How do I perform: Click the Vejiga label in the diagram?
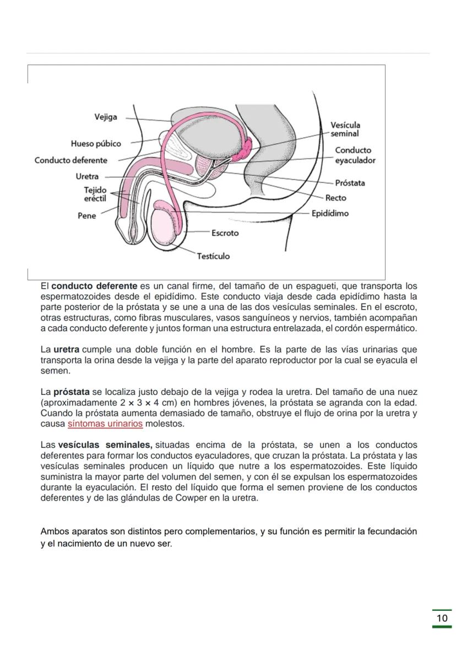(x=105, y=117)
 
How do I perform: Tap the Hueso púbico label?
(x=96, y=144)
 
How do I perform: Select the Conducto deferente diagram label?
(x=71, y=160)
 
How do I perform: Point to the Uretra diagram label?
(x=87, y=177)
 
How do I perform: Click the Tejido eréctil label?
(x=95, y=194)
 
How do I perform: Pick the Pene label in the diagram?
(x=86, y=216)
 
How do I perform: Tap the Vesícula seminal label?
(x=345, y=129)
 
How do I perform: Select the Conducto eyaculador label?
(x=355, y=155)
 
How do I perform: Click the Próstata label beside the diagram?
(x=350, y=183)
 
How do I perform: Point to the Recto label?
(x=336, y=198)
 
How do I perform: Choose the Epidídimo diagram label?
(x=330, y=213)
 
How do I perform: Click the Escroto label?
(x=225, y=233)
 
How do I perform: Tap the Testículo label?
(x=214, y=256)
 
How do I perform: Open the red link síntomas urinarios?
(x=105, y=424)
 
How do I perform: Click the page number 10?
(x=442, y=618)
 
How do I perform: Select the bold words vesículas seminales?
(x=105, y=445)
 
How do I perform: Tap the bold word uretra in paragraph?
(x=66, y=350)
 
